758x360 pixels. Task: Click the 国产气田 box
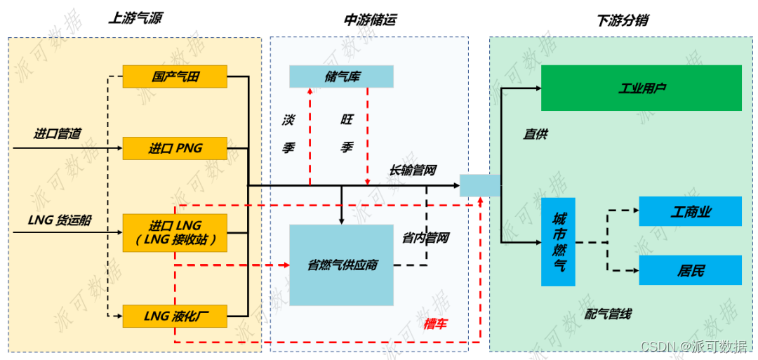[175, 76]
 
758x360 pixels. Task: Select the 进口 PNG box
[175, 148]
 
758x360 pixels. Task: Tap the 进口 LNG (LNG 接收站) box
[175, 233]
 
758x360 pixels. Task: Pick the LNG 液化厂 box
[175, 316]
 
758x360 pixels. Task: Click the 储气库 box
[341, 76]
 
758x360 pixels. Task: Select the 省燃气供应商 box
[341, 265]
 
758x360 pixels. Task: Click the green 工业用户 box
[641, 88]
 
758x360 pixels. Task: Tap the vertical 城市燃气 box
[559, 242]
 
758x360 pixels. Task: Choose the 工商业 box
[690, 211]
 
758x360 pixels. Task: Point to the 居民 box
[690, 270]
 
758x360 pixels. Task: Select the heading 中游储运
[369, 20]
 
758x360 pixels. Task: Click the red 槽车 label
[435, 324]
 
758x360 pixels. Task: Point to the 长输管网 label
[413, 170]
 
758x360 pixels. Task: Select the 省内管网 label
[425, 238]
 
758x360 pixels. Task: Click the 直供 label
[536, 133]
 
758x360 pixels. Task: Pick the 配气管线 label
[608, 314]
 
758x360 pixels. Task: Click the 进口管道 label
[58, 133]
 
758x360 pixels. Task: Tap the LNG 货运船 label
[60, 220]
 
